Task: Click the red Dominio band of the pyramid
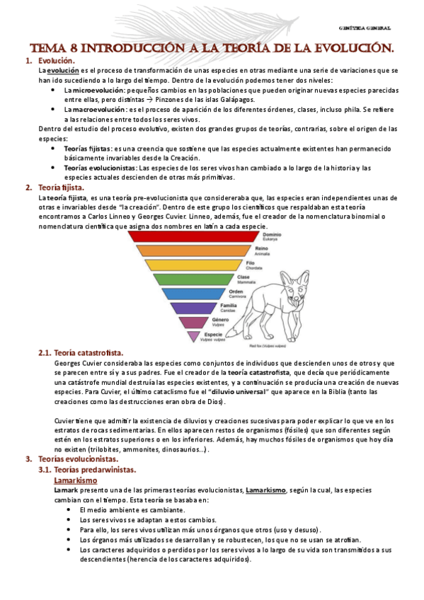191,238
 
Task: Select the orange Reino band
191,251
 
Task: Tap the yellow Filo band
191,266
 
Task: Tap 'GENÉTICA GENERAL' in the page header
366,28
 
